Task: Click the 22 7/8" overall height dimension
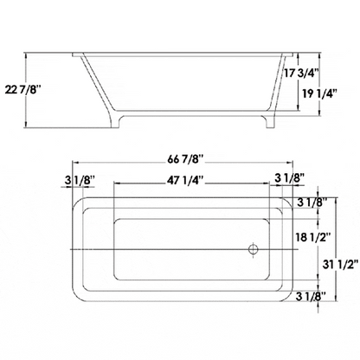point(22,88)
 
